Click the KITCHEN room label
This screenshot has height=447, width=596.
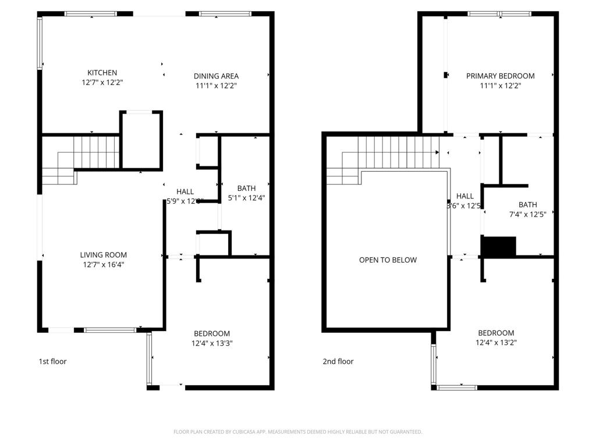[102, 73]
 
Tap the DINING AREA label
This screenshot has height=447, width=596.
[216, 76]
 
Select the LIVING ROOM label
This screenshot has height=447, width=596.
[103, 255]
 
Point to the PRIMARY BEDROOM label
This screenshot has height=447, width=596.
[500, 76]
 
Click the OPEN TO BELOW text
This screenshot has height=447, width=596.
[388, 260]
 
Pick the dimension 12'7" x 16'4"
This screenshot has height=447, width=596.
[103, 264]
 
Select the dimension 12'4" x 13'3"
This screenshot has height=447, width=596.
[212, 343]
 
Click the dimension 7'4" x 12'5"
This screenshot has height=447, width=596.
[528, 214]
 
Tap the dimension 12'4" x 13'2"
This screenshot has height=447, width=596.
[496, 342]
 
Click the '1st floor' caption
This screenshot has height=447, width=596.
[52, 361]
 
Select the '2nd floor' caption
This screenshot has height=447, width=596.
[338, 361]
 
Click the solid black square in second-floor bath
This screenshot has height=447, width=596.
[499, 246]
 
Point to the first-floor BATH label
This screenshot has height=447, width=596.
[246, 188]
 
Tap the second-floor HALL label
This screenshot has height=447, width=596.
[465, 196]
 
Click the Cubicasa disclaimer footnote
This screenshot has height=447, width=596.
[297, 432]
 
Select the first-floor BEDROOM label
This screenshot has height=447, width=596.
[212, 334]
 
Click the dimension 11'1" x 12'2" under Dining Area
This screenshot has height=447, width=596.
[216, 86]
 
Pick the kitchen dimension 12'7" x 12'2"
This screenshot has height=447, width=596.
[102, 83]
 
